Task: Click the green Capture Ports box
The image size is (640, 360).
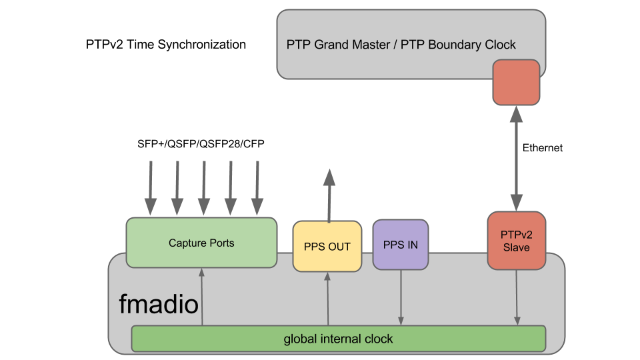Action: (201, 243)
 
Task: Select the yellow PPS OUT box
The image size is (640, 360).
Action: (327, 247)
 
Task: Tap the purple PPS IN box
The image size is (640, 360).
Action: (401, 245)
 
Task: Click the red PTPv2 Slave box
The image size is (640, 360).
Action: (516, 241)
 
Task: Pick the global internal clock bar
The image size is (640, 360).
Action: (338, 339)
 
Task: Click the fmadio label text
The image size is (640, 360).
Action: (159, 305)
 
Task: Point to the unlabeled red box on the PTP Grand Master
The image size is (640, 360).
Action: (516, 82)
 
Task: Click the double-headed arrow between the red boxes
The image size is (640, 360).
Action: (516, 159)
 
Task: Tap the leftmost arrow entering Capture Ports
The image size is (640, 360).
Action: (151, 188)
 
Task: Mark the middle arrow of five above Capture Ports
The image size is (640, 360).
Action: (204, 188)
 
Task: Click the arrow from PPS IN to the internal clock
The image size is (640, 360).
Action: (401, 297)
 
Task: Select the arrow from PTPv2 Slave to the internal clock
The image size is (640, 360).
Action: (517, 297)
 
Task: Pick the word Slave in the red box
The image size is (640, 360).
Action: (516, 247)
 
